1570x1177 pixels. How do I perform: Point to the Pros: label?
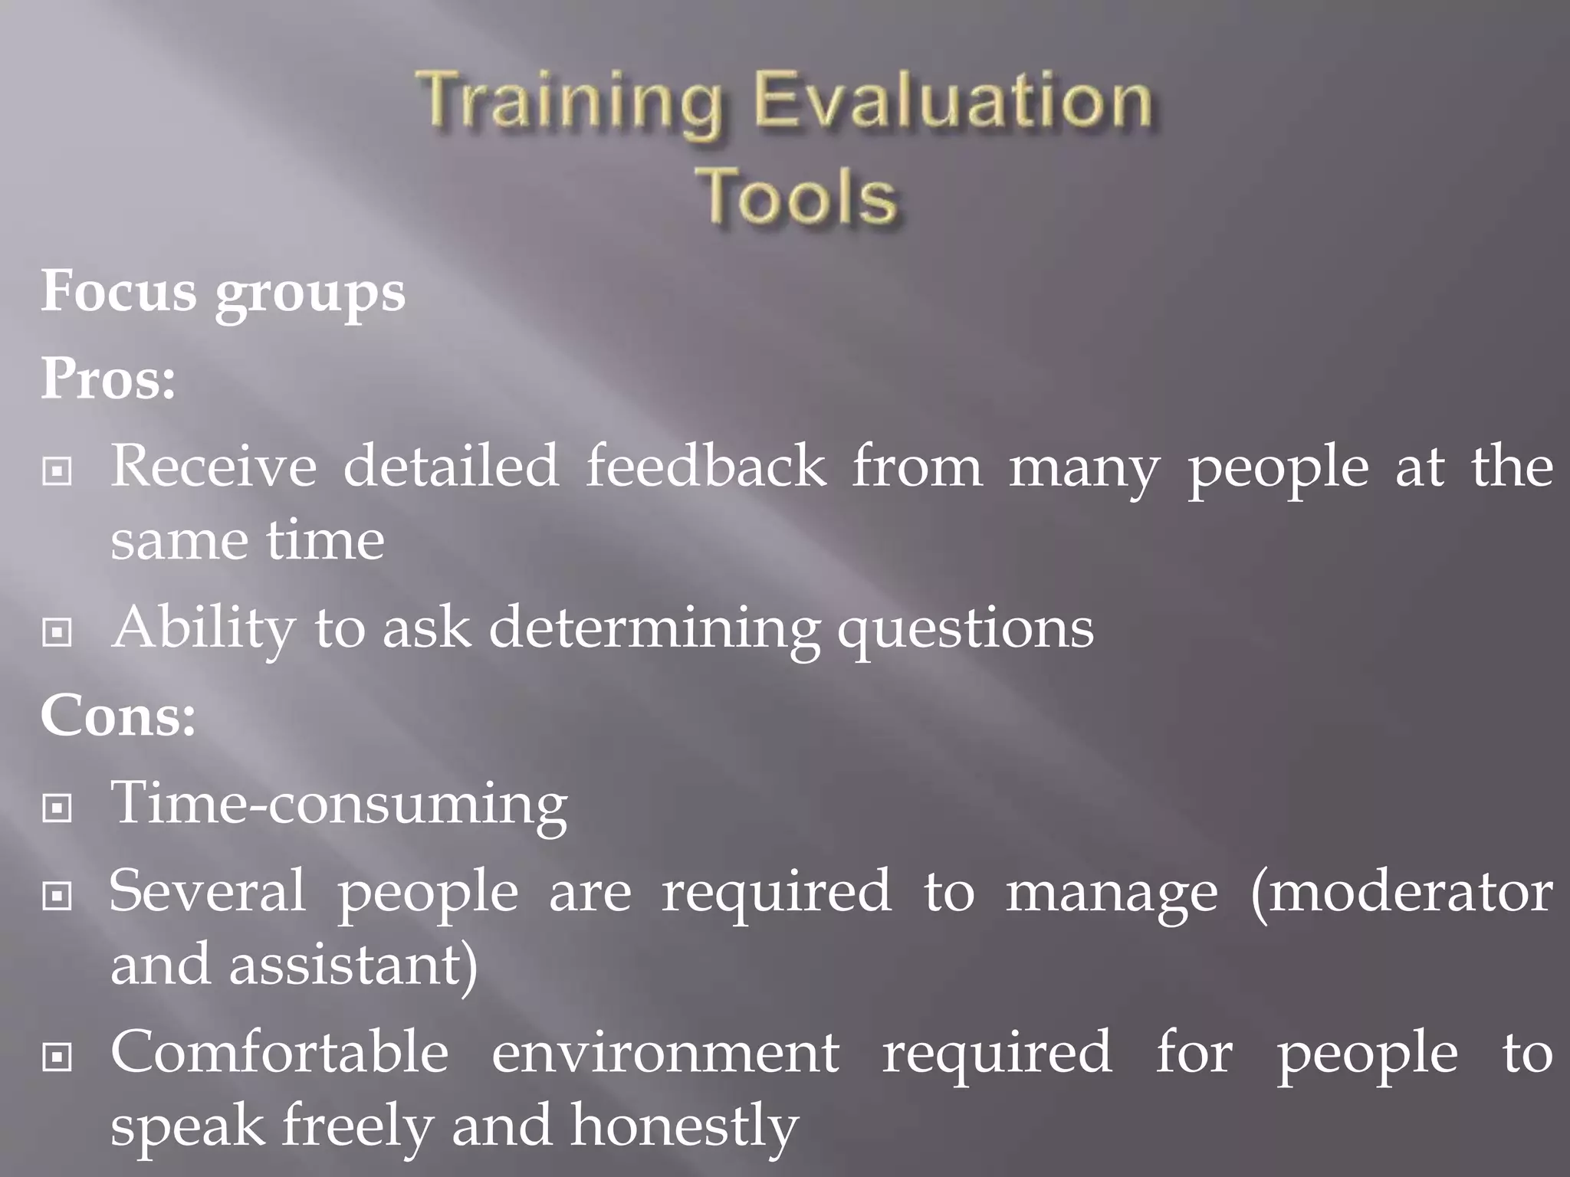108,379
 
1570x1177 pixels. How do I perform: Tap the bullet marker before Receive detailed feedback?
57,471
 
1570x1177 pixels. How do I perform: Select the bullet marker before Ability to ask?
57,632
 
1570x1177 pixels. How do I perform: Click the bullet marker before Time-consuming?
57,808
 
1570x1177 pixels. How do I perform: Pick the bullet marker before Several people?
57,896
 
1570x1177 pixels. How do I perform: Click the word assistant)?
353,966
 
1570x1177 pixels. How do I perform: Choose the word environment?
665,1053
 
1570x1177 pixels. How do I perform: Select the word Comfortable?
280,1053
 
